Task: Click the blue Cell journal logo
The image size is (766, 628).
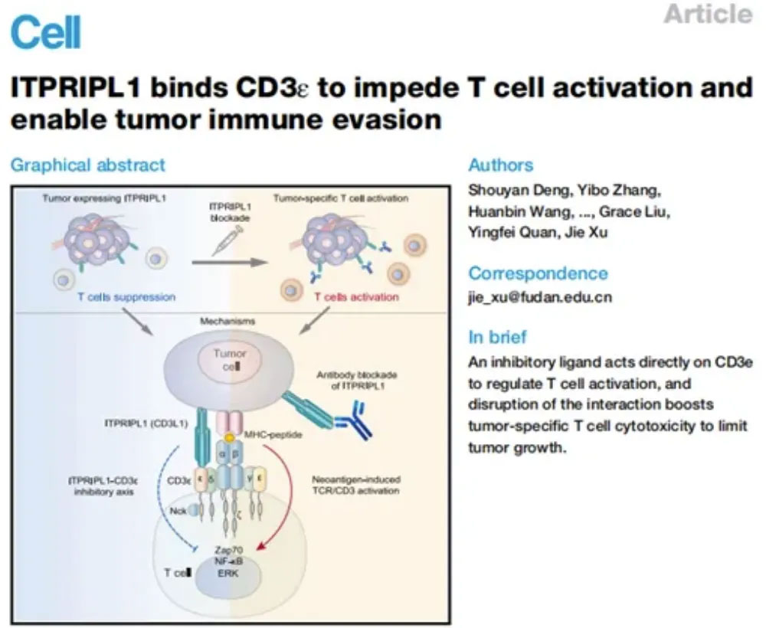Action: [x=46, y=31]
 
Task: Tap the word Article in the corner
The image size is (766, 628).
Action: [x=708, y=14]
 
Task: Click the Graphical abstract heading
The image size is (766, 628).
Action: [x=87, y=165]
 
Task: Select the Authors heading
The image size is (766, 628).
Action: [x=501, y=165]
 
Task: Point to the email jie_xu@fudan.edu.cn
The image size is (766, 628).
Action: [x=540, y=298]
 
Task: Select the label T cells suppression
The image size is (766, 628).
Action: [x=126, y=296]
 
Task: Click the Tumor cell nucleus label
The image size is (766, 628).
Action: [x=230, y=360]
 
